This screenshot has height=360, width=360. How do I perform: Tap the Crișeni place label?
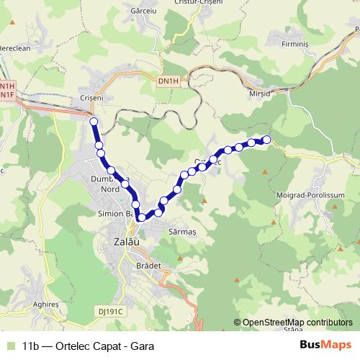point(92,96)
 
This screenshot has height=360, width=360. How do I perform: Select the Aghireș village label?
point(46,305)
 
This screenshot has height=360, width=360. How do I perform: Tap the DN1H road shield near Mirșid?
point(168,81)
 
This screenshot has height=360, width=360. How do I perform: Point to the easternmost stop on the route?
point(266,140)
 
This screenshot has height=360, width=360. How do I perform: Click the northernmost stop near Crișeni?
point(93,122)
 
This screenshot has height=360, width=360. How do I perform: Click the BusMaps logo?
point(325,345)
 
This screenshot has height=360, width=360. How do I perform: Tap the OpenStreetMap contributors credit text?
point(297,323)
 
